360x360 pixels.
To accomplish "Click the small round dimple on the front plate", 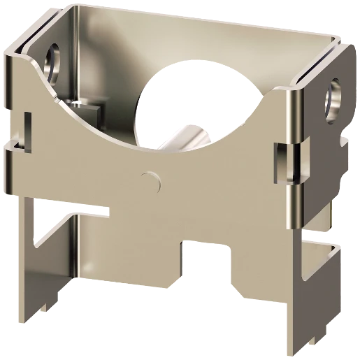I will pyautogui.click(x=146, y=180).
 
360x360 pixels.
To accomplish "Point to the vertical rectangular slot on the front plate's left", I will pyautogui.click(x=28, y=134).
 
